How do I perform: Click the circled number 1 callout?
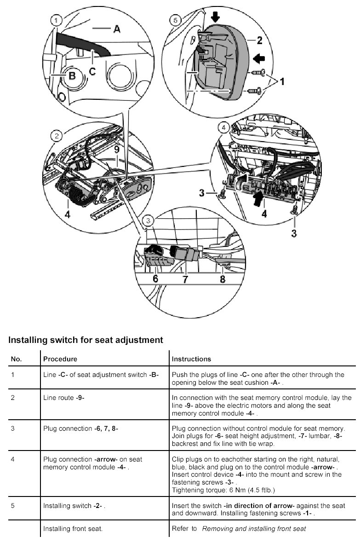56,20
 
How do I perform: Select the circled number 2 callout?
57,136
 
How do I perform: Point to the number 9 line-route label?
117,149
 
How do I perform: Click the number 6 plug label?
155,279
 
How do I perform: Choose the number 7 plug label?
185,279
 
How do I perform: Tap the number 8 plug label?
223,279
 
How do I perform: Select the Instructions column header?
191,359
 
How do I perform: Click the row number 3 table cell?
13,428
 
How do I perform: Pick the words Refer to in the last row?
184,529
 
